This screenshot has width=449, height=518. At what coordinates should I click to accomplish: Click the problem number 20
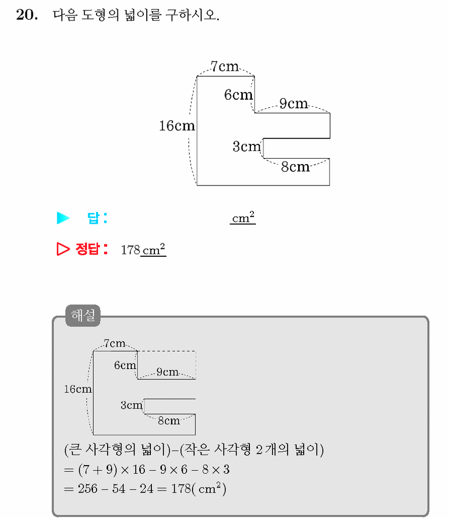[x=27, y=15]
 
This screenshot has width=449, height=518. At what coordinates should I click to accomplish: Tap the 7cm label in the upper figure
[x=224, y=67]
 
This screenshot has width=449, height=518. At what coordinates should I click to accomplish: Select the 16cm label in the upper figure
[x=177, y=126]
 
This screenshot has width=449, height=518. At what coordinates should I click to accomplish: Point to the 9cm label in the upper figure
[x=294, y=103]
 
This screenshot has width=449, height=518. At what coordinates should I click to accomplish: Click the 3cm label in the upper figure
[x=247, y=146]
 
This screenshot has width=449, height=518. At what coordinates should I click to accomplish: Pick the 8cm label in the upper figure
[x=296, y=167]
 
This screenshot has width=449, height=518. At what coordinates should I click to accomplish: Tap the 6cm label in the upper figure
[x=238, y=95]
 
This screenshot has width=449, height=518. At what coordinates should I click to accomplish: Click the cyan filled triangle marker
[x=63, y=218]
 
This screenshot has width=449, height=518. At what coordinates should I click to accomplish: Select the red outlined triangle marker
[x=63, y=249]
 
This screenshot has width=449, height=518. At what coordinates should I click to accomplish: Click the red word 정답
[x=87, y=249]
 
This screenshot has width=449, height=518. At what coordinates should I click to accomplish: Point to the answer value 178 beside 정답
[x=131, y=250]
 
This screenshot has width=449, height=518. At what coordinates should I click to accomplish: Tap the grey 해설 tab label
[x=83, y=316]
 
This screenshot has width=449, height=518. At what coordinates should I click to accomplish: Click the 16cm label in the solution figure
[x=78, y=389]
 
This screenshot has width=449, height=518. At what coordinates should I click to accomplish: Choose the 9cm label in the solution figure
[x=168, y=372]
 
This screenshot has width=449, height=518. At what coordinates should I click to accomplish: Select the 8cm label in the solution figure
[x=169, y=420]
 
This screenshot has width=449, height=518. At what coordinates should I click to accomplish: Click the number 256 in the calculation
[x=87, y=489]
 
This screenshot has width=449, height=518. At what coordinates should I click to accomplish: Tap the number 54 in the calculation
[x=119, y=489]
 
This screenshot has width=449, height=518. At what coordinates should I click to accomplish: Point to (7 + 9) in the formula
[x=98, y=469]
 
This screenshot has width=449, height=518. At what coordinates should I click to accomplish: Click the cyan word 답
[x=93, y=218]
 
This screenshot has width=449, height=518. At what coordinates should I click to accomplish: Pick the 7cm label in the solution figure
[x=114, y=344]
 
